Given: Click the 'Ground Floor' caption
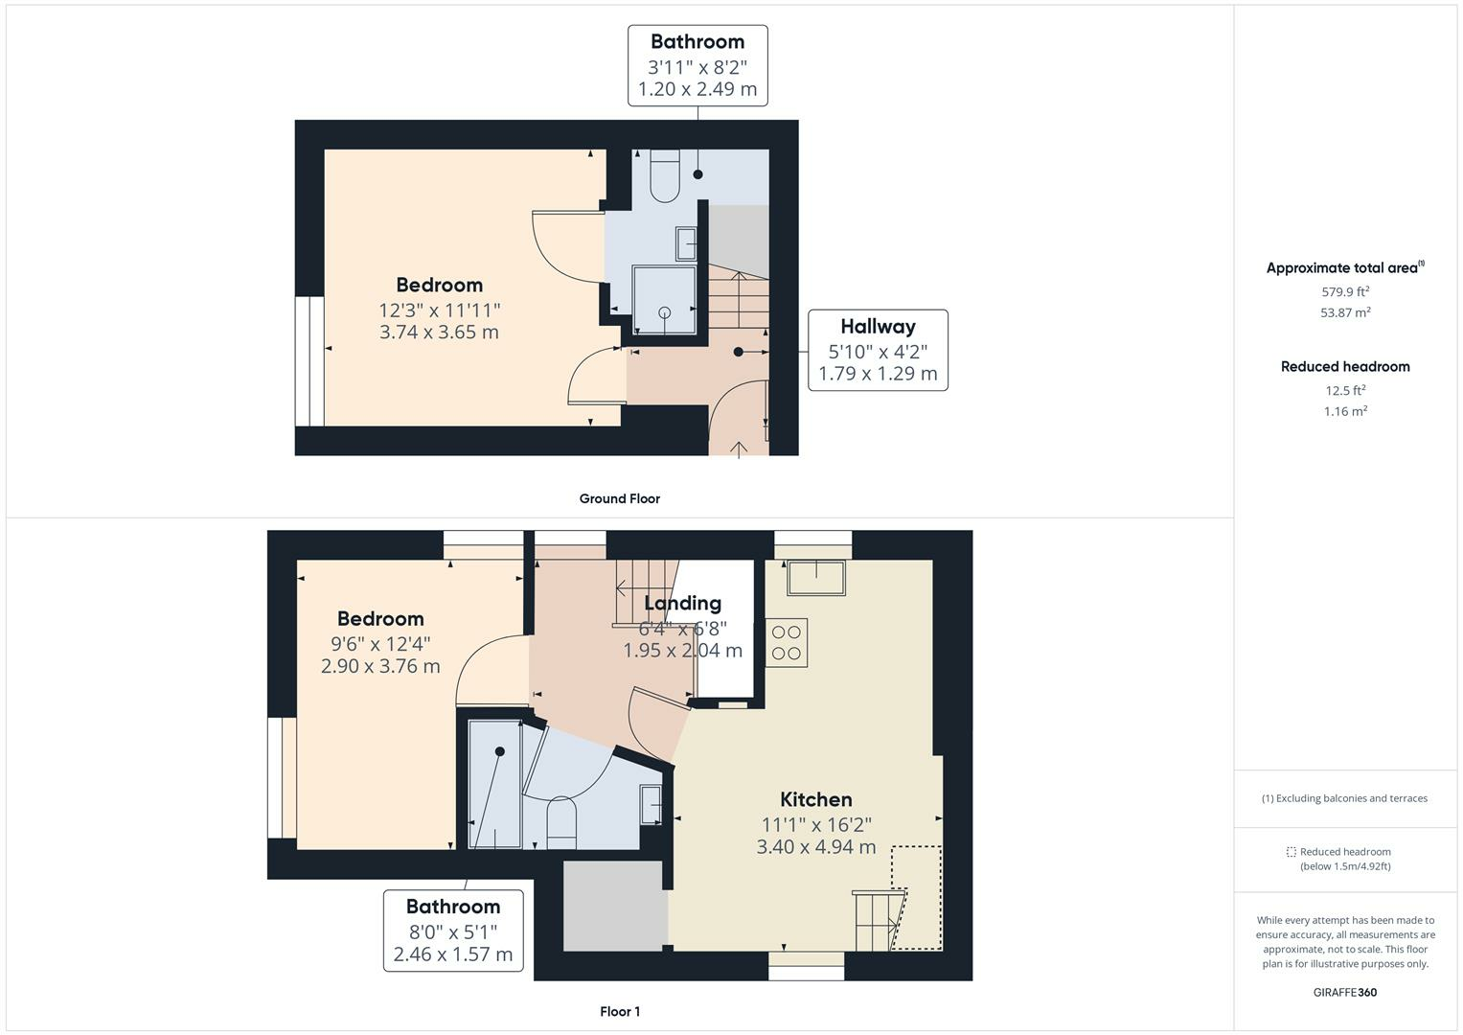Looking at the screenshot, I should point(619,498).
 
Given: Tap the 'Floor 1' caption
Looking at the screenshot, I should point(620,1011).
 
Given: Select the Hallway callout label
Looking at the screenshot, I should point(878,350).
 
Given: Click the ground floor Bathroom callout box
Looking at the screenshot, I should point(697,65).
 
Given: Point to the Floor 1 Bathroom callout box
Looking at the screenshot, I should point(453,930).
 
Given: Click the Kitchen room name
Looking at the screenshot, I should point(815,799).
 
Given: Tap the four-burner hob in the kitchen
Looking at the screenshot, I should point(787,643).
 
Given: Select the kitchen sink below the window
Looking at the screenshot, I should point(815,579).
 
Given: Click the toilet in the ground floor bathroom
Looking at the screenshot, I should point(664,177).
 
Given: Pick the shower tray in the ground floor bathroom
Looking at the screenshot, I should point(664,299).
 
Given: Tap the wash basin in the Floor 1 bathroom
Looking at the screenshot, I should point(651,804).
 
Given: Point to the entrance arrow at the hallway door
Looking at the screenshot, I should point(739,448).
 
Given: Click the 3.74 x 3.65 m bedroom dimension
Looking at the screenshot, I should point(439,333).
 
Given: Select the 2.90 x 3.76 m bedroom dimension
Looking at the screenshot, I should point(380,666).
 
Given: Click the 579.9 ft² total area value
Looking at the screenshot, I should point(1345,291).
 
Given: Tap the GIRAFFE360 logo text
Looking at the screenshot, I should point(1345,992).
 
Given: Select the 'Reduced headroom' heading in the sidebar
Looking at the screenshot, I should point(1345,366).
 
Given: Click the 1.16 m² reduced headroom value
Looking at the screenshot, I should point(1345,411).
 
